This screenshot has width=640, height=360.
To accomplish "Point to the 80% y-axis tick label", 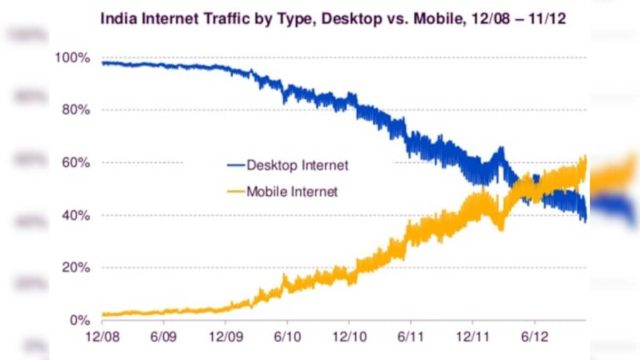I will (x=74, y=110).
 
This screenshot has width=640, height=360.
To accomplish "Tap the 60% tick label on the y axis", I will (x=74, y=163).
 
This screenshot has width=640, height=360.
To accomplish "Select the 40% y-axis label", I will (x=74, y=215).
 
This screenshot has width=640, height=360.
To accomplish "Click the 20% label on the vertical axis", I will (x=74, y=268).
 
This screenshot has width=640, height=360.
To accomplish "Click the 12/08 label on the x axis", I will (x=101, y=338).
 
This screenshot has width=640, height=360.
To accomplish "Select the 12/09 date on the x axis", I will (x=225, y=338).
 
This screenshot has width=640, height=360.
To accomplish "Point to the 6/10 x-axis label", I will (x=287, y=338).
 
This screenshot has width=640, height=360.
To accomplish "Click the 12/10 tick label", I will (x=349, y=338).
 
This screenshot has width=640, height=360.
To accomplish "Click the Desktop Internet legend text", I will (x=297, y=165).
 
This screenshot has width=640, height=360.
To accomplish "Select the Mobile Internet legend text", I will (x=292, y=191).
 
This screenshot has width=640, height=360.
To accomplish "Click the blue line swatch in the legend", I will (x=235, y=166).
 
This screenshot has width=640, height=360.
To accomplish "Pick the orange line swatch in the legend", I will (x=235, y=192).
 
